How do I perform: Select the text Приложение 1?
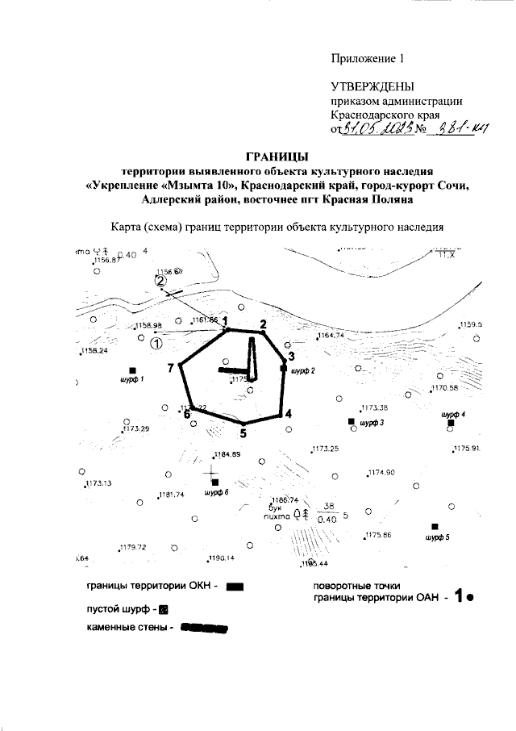pyautogui.click(x=367, y=59)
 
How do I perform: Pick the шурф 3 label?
pyautogui.click(x=372, y=423)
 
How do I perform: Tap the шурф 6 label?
pyautogui.click(x=216, y=491)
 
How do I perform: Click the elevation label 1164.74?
pyautogui.click(x=331, y=335)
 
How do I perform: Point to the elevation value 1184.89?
pyautogui.click(x=227, y=455)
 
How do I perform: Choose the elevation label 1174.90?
pyautogui.click(x=380, y=473)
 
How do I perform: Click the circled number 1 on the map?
pyautogui.click(x=156, y=343)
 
